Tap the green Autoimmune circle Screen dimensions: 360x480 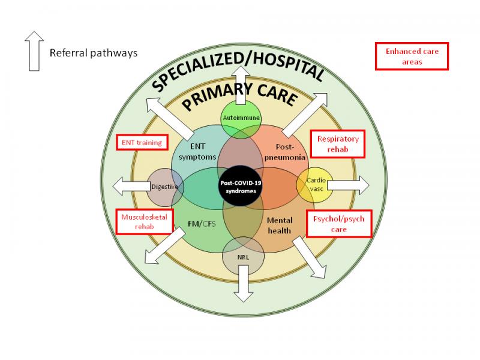[241, 119]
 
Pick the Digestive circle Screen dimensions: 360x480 [164, 186]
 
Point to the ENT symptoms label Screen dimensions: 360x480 [193, 152]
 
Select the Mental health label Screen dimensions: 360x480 [280, 226]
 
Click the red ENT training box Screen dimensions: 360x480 [142, 143]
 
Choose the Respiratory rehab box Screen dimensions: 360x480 [338, 144]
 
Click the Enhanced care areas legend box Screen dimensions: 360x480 [412, 56]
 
